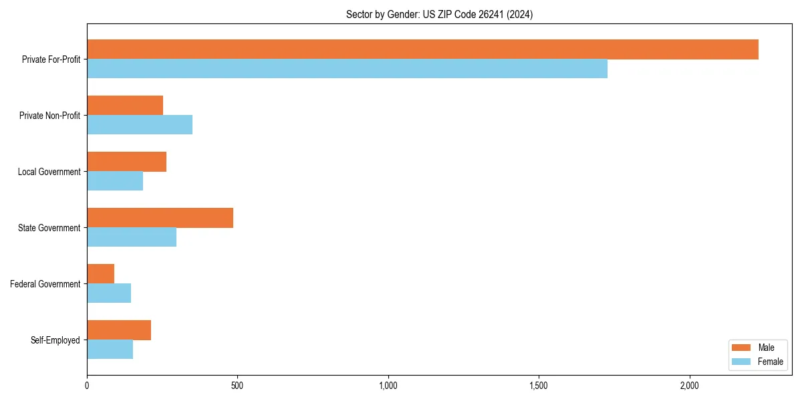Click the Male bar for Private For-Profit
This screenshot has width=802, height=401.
tap(422, 49)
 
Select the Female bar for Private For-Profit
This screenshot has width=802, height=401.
tap(347, 69)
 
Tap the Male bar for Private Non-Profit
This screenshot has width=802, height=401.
tap(125, 106)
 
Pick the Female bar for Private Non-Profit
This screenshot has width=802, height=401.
tap(140, 125)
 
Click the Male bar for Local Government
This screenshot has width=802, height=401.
tap(126, 162)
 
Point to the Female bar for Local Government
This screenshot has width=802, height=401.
tap(115, 181)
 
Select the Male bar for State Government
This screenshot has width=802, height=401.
tap(160, 218)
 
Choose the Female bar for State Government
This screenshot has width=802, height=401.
tap(132, 237)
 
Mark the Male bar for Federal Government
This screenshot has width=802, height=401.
tap(100, 274)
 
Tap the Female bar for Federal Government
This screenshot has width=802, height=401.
tap(109, 293)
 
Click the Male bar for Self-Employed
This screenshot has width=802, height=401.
tap(119, 330)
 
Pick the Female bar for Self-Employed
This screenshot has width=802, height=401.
tap(110, 350)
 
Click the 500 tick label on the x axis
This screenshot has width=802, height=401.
tap(237, 386)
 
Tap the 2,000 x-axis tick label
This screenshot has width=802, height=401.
tap(689, 386)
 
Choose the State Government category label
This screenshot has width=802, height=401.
tap(49, 228)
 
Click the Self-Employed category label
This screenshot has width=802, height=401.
tap(55, 340)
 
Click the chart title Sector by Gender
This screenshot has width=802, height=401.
tap(439, 14)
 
